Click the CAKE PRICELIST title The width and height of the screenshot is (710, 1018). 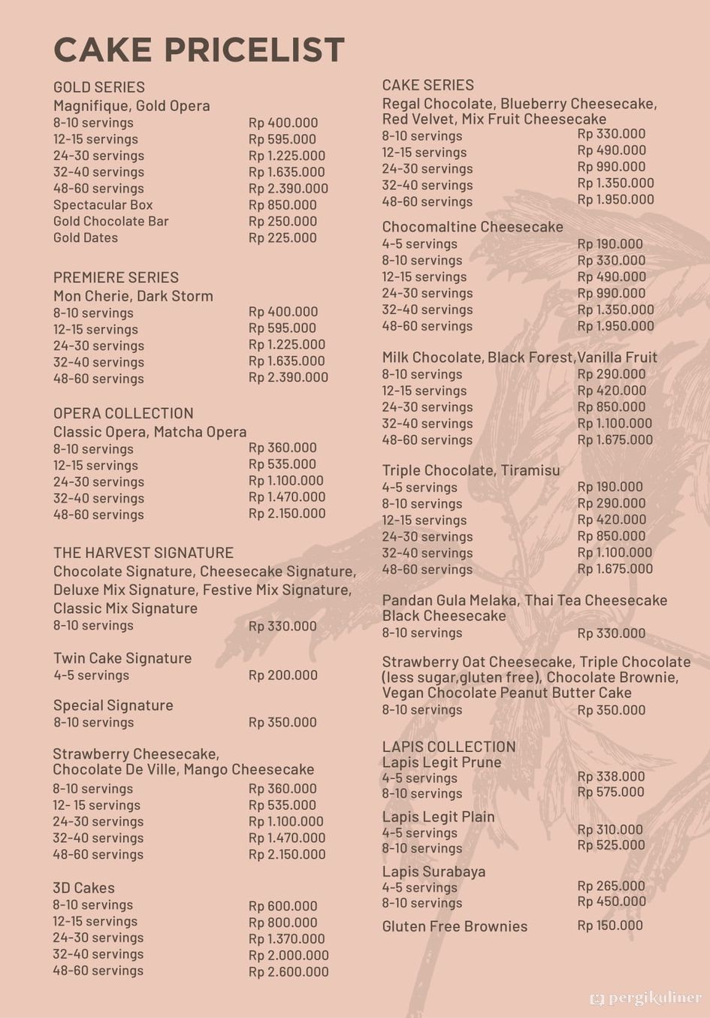199,50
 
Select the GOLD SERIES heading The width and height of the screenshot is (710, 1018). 99,87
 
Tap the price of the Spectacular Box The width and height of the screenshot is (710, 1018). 282,205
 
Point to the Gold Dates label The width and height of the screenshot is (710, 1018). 86,238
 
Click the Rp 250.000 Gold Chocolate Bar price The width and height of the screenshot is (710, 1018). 282,222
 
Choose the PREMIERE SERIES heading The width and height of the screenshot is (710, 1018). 116,277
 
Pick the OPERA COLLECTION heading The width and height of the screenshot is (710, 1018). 123,413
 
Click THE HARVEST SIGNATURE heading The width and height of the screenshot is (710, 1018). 144,553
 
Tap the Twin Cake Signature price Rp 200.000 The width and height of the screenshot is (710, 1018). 283,675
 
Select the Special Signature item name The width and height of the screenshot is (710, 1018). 113,705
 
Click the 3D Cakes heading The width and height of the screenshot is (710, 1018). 83,888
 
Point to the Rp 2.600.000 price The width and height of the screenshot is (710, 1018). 289,972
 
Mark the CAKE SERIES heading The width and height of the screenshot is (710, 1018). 428,85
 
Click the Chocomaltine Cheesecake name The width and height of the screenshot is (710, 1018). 473,227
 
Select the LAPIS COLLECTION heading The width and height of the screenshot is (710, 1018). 449,747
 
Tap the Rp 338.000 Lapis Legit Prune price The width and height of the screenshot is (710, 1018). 611,777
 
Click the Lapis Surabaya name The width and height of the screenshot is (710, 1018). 434,872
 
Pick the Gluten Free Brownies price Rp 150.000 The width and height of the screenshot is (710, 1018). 610,926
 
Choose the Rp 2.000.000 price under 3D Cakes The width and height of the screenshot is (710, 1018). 289,956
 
